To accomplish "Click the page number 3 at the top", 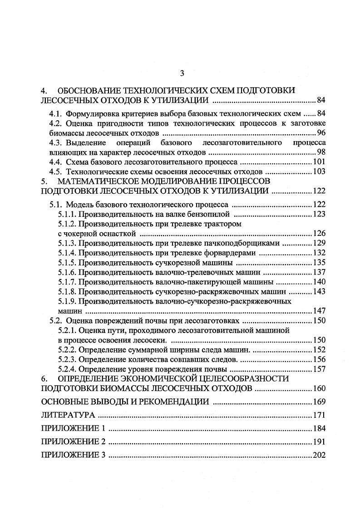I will click(182, 73).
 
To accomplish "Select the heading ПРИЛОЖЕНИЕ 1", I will click(73, 428).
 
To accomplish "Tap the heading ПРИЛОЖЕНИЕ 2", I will click(73, 442).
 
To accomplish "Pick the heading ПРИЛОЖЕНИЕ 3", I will click(73, 455).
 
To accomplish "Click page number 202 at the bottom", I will click(319, 455).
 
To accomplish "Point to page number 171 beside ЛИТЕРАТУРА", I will click(319, 415).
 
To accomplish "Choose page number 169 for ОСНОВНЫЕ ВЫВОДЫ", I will click(319, 401).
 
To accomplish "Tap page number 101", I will click(319, 162).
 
